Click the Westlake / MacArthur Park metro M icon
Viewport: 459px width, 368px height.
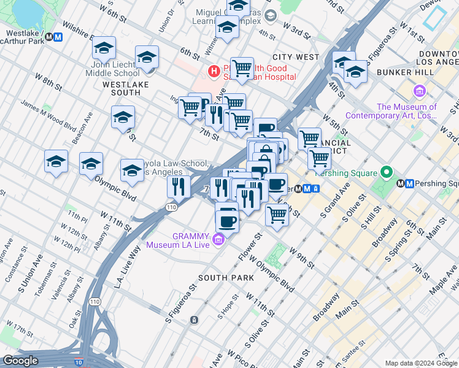58,37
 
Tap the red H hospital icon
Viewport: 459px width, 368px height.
214,72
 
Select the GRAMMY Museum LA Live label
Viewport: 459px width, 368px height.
177,240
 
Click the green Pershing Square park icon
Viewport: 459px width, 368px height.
387,172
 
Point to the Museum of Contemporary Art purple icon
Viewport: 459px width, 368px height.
420,92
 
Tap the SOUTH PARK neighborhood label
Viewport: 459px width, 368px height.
226,278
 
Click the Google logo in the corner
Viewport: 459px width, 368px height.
20,361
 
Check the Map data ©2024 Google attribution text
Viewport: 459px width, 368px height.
421,363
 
